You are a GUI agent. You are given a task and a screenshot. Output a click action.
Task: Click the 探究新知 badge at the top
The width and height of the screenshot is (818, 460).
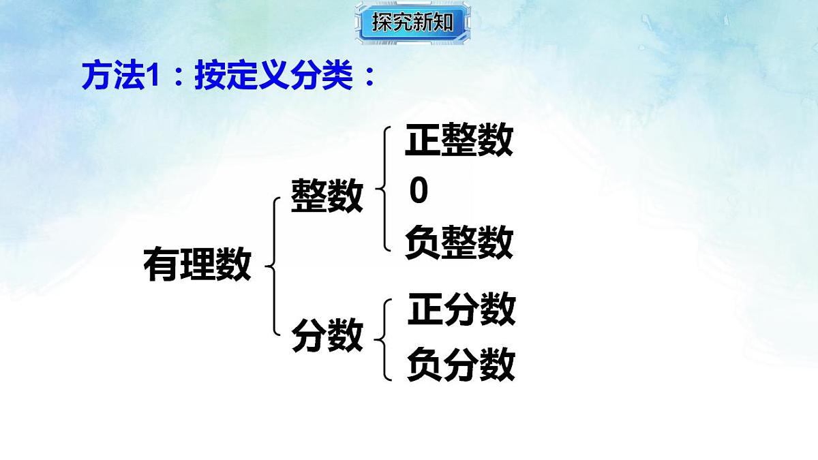(412, 22)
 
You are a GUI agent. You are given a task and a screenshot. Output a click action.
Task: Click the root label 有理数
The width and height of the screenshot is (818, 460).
(197, 264)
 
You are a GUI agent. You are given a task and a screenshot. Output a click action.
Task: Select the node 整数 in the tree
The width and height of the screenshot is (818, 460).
(327, 196)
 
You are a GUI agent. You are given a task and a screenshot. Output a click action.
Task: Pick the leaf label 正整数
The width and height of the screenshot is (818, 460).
(459, 142)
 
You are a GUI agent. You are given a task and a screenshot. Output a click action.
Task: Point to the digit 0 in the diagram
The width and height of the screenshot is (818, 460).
(419, 192)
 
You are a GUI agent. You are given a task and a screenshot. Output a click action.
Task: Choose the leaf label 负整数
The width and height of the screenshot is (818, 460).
(459, 243)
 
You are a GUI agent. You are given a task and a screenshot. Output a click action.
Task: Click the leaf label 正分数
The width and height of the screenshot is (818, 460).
(461, 310)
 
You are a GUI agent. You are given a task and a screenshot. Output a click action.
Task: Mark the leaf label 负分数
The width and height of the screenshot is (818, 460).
(461, 365)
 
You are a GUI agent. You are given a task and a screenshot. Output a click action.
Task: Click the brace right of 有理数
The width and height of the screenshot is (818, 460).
(274, 266)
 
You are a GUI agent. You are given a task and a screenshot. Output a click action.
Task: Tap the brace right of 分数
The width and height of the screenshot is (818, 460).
(386, 338)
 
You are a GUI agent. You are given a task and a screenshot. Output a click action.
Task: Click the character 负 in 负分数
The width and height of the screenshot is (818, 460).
(424, 365)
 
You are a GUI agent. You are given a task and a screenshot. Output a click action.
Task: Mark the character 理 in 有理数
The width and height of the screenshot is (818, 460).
(197, 264)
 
